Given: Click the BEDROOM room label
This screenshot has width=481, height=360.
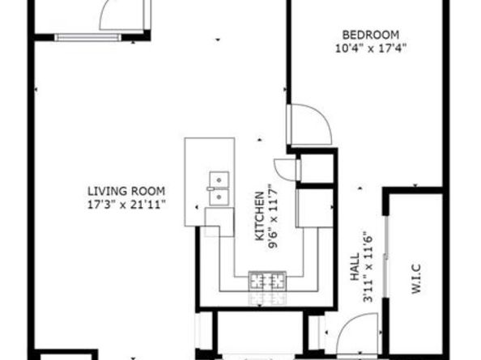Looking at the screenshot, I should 370,34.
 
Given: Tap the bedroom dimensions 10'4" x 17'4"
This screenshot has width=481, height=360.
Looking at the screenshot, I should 370,47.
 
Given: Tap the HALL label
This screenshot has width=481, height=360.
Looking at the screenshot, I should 354,267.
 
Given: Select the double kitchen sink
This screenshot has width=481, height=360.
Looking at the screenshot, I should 217,187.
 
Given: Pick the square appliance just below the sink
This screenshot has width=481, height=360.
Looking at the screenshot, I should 219,221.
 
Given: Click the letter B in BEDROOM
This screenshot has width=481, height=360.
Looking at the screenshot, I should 345,34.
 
